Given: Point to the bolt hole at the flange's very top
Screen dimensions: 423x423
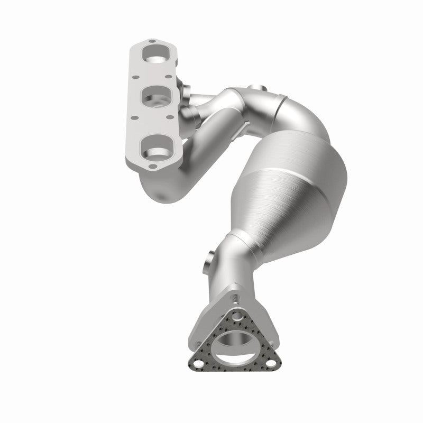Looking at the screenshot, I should [152, 41].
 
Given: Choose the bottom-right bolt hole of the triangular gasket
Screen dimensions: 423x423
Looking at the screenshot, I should [270, 364].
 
